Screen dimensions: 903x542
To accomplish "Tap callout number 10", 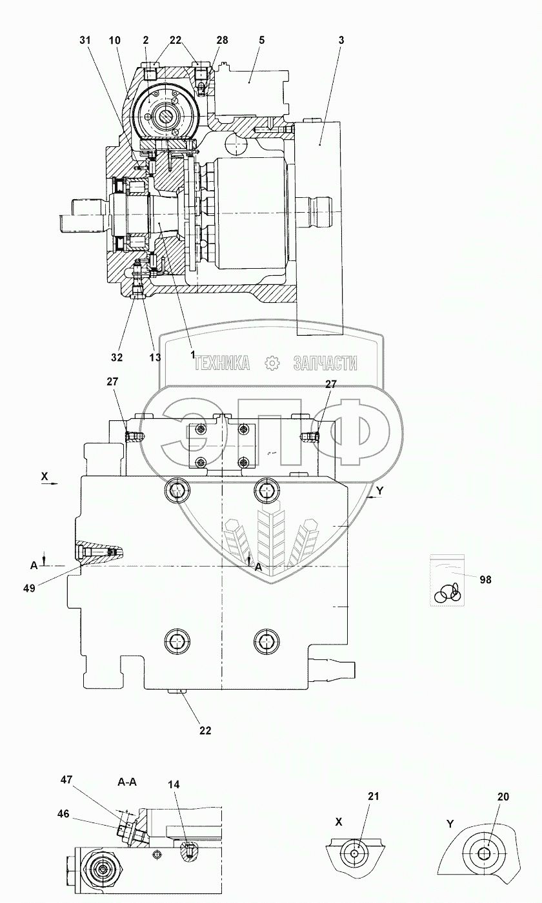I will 115,40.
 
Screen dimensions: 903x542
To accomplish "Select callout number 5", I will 261,40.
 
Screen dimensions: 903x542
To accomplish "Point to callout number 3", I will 341,40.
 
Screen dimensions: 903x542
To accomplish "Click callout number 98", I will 485,579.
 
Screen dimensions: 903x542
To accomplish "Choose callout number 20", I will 503,797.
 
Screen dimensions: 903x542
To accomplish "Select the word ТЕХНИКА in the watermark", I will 221,364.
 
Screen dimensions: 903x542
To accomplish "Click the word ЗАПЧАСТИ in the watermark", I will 325,364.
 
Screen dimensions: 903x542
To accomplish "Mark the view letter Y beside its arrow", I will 379,490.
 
